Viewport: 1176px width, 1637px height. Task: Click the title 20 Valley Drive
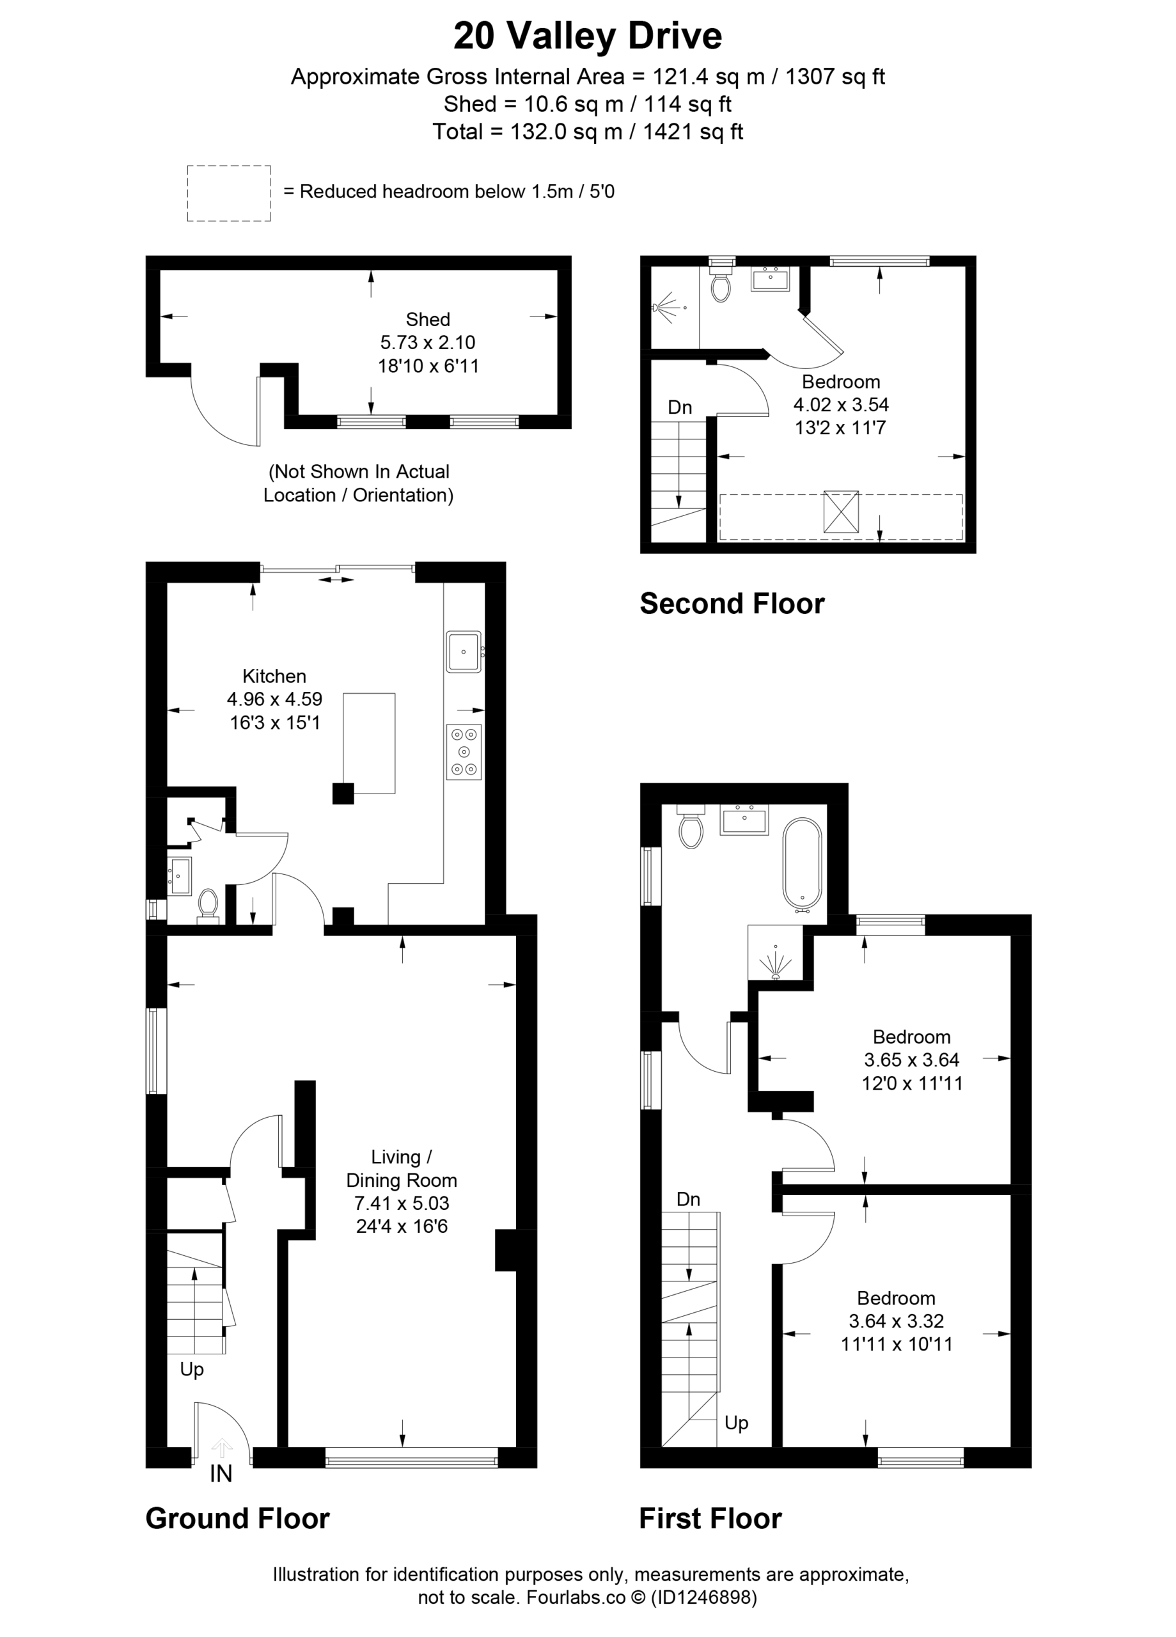588,36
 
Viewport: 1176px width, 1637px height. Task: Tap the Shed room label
427,319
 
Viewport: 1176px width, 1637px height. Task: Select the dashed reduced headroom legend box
229,194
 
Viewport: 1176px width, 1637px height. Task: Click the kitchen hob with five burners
464,752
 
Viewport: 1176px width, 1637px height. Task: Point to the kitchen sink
464,652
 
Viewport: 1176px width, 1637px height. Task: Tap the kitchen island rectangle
369,744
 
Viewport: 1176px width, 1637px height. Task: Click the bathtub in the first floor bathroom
802,862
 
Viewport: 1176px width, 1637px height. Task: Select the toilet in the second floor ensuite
721,282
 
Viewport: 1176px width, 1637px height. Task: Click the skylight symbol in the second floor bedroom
841,512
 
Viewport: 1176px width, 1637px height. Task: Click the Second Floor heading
732,604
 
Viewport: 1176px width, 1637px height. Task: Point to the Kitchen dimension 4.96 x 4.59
274,699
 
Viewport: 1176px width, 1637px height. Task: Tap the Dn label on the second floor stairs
680,407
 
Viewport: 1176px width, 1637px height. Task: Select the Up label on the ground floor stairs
191,1369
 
